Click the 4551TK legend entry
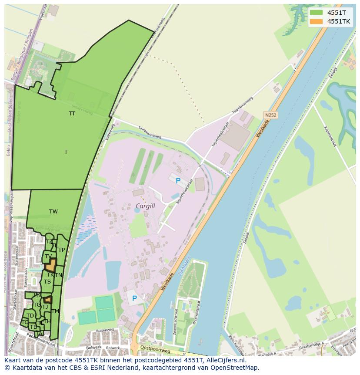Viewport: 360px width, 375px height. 339,21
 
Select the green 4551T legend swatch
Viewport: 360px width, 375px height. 317,13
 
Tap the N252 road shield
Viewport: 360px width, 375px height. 270,115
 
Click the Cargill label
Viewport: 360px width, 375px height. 145,206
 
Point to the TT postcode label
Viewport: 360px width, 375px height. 72,114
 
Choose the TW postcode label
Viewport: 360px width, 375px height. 53,212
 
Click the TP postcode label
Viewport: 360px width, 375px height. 62,250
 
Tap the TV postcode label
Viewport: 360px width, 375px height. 48,257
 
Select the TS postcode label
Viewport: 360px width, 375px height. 47,282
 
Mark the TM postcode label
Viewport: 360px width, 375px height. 55,311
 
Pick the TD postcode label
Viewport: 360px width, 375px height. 30,316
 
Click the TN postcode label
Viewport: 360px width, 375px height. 59,275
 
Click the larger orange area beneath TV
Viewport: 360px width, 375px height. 51,265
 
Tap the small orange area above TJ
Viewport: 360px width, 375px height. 48,300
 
